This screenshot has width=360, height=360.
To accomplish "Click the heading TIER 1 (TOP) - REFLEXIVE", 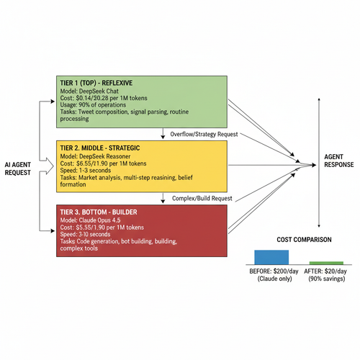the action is [x=96, y=83].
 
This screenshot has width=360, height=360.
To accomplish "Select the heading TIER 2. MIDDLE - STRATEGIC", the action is [x=100, y=148].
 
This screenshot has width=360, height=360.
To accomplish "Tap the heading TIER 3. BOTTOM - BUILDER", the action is [x=99, y=212].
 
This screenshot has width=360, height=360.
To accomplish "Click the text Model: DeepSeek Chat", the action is [x=89, y=91].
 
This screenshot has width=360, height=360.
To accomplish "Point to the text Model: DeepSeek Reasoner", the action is [x=95, y=156].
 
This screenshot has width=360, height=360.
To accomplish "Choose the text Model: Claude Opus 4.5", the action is [x=90, y=220].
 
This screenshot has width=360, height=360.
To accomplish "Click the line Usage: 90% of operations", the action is [x=93, y=105].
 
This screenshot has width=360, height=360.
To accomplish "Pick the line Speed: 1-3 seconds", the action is [x=86, y=171].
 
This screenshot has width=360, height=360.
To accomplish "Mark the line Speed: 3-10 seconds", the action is [x=85, y=234].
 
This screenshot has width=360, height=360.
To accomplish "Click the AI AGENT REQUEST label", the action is [x=18, y=168].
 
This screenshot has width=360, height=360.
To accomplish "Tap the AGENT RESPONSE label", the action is [x=339, y=161].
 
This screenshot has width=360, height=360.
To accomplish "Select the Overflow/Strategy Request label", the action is [x=204, y=134].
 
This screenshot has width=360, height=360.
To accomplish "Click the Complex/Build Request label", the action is [x=202, y=198].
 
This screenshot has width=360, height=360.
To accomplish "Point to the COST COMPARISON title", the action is [x=304, y=240].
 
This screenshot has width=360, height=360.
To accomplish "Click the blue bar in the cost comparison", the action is [x=271, y=257].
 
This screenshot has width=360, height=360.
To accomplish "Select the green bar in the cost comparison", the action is [x=326, y=263].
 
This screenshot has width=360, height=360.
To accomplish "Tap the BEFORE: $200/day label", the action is [x=274, y=271].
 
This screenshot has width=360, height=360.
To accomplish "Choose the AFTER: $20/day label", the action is [x=325, y=271].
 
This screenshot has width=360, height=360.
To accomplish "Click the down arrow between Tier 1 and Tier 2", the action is [x=163, y=133].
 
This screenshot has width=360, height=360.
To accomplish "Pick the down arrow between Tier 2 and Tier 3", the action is [x=163, y=198].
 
